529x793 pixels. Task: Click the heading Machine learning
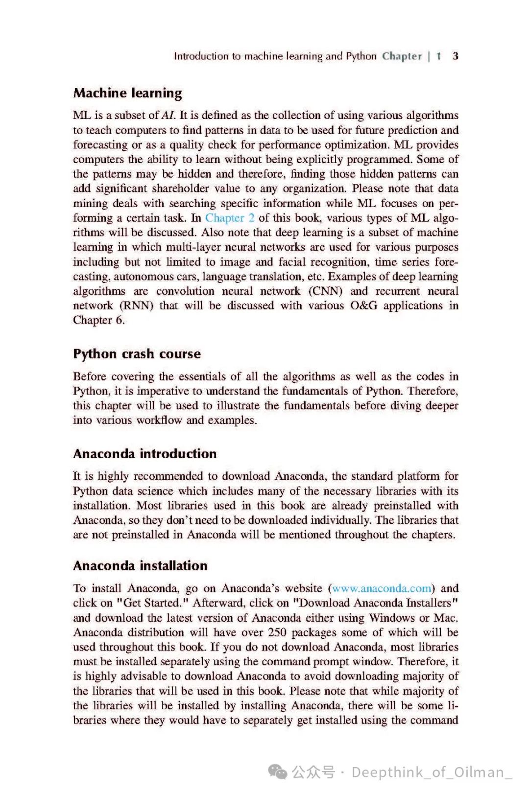click(127, 93)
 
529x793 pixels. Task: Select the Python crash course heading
click(137, 354)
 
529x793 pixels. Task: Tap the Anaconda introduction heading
click(144, 454)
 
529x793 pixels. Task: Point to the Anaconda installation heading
click(140, 566)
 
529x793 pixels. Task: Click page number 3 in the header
click(456, 56)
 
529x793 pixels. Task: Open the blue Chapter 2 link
click(230, 218)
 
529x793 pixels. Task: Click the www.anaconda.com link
click(382, 588)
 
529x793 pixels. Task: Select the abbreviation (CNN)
click(325, 291)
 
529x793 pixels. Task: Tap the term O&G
click(363, 306)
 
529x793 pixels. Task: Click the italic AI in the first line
click(168, 116)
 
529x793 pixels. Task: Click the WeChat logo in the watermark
click(278, 772)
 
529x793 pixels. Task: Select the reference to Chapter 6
click(98, 321)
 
